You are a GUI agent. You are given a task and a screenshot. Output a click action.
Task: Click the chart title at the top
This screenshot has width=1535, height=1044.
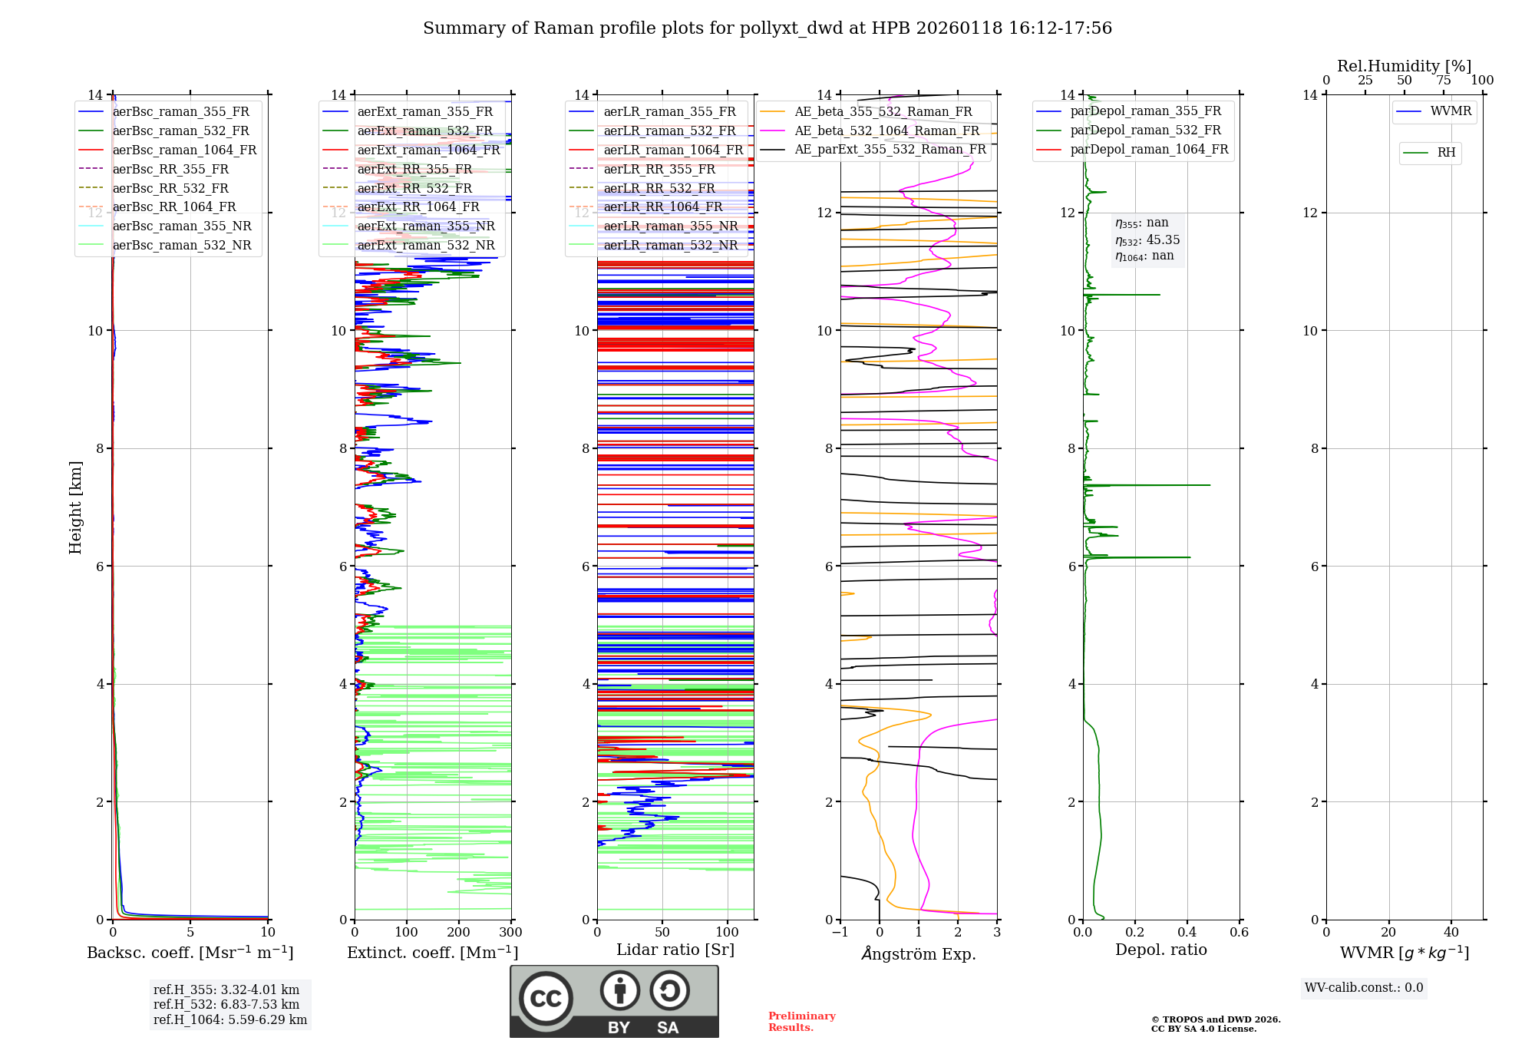pyautogui.click(x=767, y=28)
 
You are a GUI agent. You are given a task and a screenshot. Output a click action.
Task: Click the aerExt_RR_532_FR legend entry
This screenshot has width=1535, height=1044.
pyautogui.click(x=414, y=188)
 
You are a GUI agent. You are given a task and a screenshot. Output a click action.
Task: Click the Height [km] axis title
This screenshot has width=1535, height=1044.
pyautogui.click(x=75, y=507)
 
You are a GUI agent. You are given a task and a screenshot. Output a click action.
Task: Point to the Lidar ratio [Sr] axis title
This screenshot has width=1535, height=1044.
pyautogui.click(x=675, y=950)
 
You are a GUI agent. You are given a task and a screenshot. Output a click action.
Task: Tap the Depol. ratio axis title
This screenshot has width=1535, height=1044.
pyautogui.click(x=1160, y=950)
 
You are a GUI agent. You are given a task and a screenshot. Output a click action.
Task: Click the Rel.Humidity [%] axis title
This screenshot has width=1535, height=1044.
pyautogui.click(x=1404, y=66)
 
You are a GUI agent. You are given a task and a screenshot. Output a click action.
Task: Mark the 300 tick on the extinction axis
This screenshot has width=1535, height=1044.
pyautogui.click(x=510, y=932)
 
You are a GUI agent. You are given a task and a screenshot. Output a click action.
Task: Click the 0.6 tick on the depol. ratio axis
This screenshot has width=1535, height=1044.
pyautogui.click(x=1239, y=932)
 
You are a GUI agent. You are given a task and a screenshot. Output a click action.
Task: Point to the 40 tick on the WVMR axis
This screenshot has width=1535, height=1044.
pyautogui.click(x=1451, y=932)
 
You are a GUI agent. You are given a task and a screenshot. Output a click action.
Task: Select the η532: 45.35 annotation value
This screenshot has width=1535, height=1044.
pyautogui.click(x=1147, y=240)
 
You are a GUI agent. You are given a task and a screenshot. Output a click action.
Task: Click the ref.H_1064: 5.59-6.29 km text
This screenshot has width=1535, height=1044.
pyautogui.click(x=230, y=1019)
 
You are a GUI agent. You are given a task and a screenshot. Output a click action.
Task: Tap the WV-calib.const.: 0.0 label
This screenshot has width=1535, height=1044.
pyautogui.click(x=1364, y=987)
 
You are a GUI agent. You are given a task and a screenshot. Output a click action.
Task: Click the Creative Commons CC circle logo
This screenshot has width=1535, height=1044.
pyautogui.click(x=546, y=998)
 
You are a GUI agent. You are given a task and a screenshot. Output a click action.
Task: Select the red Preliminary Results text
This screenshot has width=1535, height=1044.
pyautogui.click(x=801, y=1021)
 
